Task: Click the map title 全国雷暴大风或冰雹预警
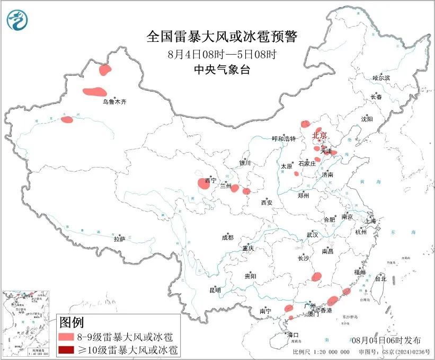coord(222,37)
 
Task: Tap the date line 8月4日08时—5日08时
coord(222,54)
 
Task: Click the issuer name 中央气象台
coord(222,70)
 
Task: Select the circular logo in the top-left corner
coord(17,20)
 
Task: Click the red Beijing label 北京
coord(320,136)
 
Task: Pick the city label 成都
coord(228,238)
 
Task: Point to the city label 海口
coord(292,335)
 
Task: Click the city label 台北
coord(380,278)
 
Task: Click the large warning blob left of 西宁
coord(203,183)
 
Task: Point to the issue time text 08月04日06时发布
coord(389,340)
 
